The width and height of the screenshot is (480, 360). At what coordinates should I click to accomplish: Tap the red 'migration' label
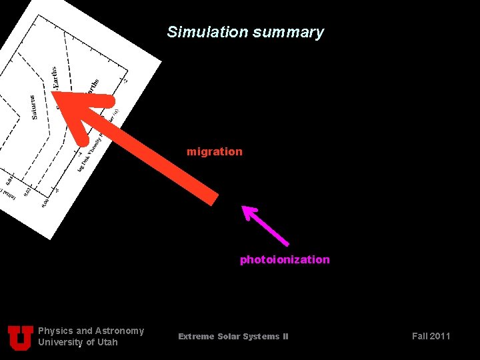click(x=215, y=152)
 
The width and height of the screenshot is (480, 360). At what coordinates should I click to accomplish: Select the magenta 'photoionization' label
click(x=285, y=260)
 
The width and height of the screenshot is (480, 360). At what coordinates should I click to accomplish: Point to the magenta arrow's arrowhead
click(x=248, y=212)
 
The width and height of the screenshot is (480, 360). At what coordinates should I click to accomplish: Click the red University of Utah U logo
click(x=21, y=337)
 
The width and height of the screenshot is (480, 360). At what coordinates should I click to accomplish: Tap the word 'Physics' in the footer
click(x=55, y=331)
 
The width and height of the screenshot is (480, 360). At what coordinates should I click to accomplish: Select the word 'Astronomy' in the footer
click(x=119, y=331)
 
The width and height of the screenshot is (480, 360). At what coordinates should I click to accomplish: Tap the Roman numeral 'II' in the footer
click(x=285, y=337)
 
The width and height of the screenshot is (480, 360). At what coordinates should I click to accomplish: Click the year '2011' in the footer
click(x=440, y=336)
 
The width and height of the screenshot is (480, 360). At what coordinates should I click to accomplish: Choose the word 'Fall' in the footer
click(x=419, y=336)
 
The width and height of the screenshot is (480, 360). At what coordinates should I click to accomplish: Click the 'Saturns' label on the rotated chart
click(x=34, y=107)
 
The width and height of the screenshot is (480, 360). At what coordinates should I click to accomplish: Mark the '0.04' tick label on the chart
click(x=9, y=180)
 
